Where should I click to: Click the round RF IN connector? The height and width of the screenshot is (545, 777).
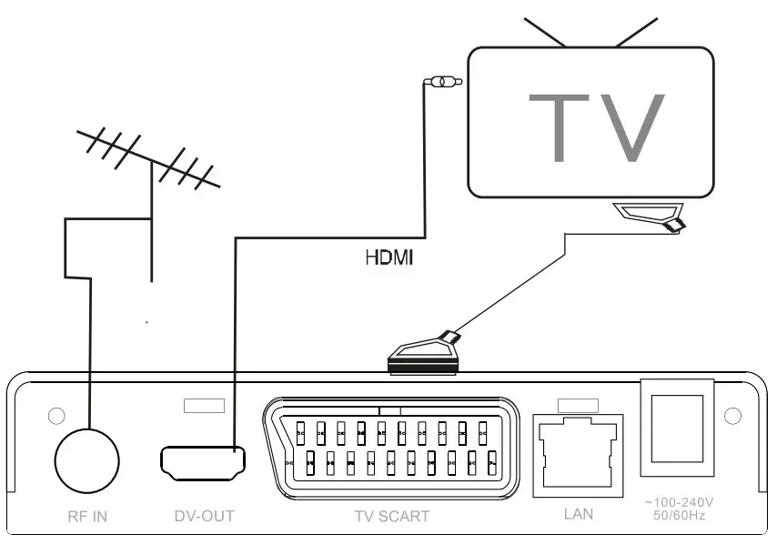pyautogui.click(x=87, y=459)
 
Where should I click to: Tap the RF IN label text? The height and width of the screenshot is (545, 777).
pyautogui.click(x=87, y=516)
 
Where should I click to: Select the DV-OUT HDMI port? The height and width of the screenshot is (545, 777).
pyautogui.click(x=203, y=462)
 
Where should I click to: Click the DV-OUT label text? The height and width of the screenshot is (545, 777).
pyautogui.click(x=204, y=516)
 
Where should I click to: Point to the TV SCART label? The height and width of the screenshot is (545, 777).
pyautogui.click(x=391, y=516)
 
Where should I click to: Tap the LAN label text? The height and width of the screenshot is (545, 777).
pyautogui.click(x=578, y=514)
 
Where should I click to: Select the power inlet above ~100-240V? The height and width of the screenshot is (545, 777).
pyautogui.click(x=677, y=426)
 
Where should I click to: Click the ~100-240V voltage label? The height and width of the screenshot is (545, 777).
pyautogui.click(x=678, y=501)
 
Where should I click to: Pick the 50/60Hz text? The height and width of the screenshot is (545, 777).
pyautogui.click(x=678, y=516)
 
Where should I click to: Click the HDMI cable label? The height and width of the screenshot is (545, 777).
pyautogui.click(x=389, y=257)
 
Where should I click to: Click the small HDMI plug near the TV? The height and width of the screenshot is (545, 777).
pyautogui.click(x=443, y=83)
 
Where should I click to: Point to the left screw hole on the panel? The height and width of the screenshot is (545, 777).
pyautogui.click(x=55, y=416)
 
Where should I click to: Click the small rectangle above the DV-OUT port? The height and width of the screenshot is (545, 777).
pyautogui.click(x=204, y=405)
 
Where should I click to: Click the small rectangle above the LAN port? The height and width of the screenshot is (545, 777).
pyautogui.click(x=578, y=404)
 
